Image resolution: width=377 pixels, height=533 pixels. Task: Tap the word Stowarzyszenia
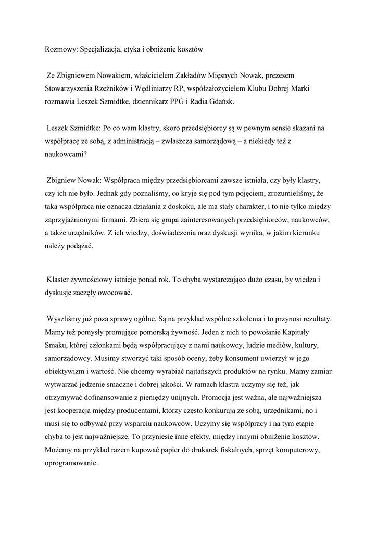click(x=69, y=89)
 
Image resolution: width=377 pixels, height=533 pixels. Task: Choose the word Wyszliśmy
click(x=65, y=318)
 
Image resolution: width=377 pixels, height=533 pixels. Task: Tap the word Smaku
click(x=56, y=345)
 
